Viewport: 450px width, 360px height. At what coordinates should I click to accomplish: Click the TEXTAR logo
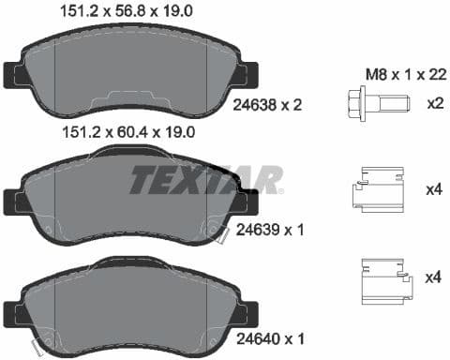[205, 179]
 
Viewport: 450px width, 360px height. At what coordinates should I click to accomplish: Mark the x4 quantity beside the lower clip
[432, 277]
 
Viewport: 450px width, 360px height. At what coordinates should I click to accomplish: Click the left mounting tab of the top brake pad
[13, 74]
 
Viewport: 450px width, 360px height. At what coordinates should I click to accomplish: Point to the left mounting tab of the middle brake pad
[13, 200]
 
